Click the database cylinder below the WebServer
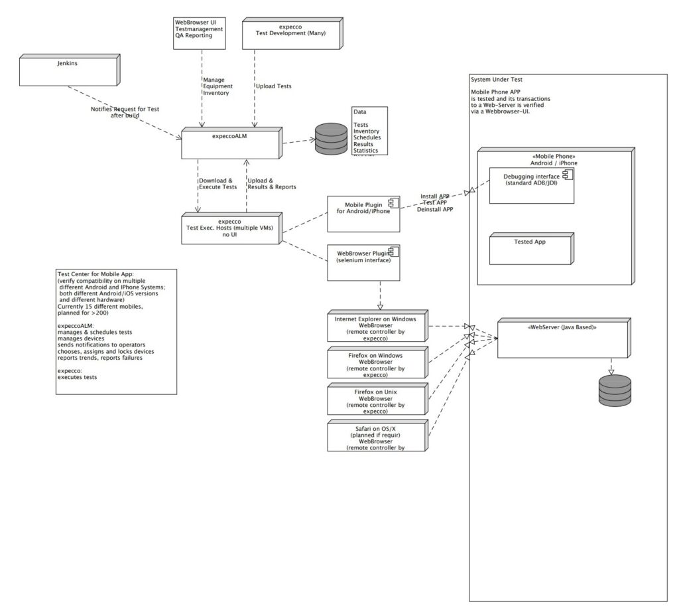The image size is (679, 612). [x=615, y=390]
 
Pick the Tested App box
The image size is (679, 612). [x=530, y=249]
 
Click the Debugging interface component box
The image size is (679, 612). [x=531, y=185]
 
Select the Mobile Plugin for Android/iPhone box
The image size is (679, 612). [x=363, y=214]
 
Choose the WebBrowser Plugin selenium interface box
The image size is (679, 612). [x=363, y=262]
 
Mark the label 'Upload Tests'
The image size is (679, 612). [x=273, y=86]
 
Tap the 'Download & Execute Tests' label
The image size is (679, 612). [x=217, y=184]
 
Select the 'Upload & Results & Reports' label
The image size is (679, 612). [x=271, y=184]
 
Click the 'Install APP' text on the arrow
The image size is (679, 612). [x=435, y=196]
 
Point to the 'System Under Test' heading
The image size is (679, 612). [x=497, y=78]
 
